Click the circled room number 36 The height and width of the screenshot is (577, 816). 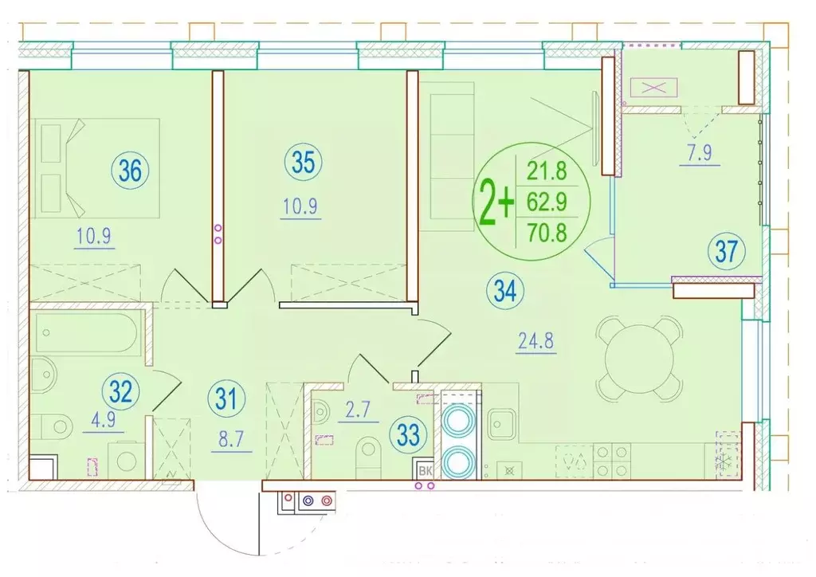point(130,170)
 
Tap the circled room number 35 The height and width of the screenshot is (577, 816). point(304,162)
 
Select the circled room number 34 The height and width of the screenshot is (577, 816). point(504,291)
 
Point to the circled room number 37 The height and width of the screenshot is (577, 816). point(727,251)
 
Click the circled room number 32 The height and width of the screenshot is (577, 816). point(121,391)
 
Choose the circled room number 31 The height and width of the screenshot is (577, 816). point(226,399)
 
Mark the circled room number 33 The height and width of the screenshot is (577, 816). point(408,434)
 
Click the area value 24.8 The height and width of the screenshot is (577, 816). point(536,341)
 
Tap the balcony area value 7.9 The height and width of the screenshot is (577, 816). point(700,153)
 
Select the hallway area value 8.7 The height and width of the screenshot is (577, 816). point(231,439)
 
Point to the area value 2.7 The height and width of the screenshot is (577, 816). point(358,410)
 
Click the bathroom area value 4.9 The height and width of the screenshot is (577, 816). point(103,419)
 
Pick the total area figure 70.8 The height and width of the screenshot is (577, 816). point(547,232)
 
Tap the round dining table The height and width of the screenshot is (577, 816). point(640,359)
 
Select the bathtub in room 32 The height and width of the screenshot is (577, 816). point(86,333)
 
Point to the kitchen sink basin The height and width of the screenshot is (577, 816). point(502,423)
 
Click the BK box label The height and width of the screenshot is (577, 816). point(426,471)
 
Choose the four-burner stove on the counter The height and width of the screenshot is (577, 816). point(612,461)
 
